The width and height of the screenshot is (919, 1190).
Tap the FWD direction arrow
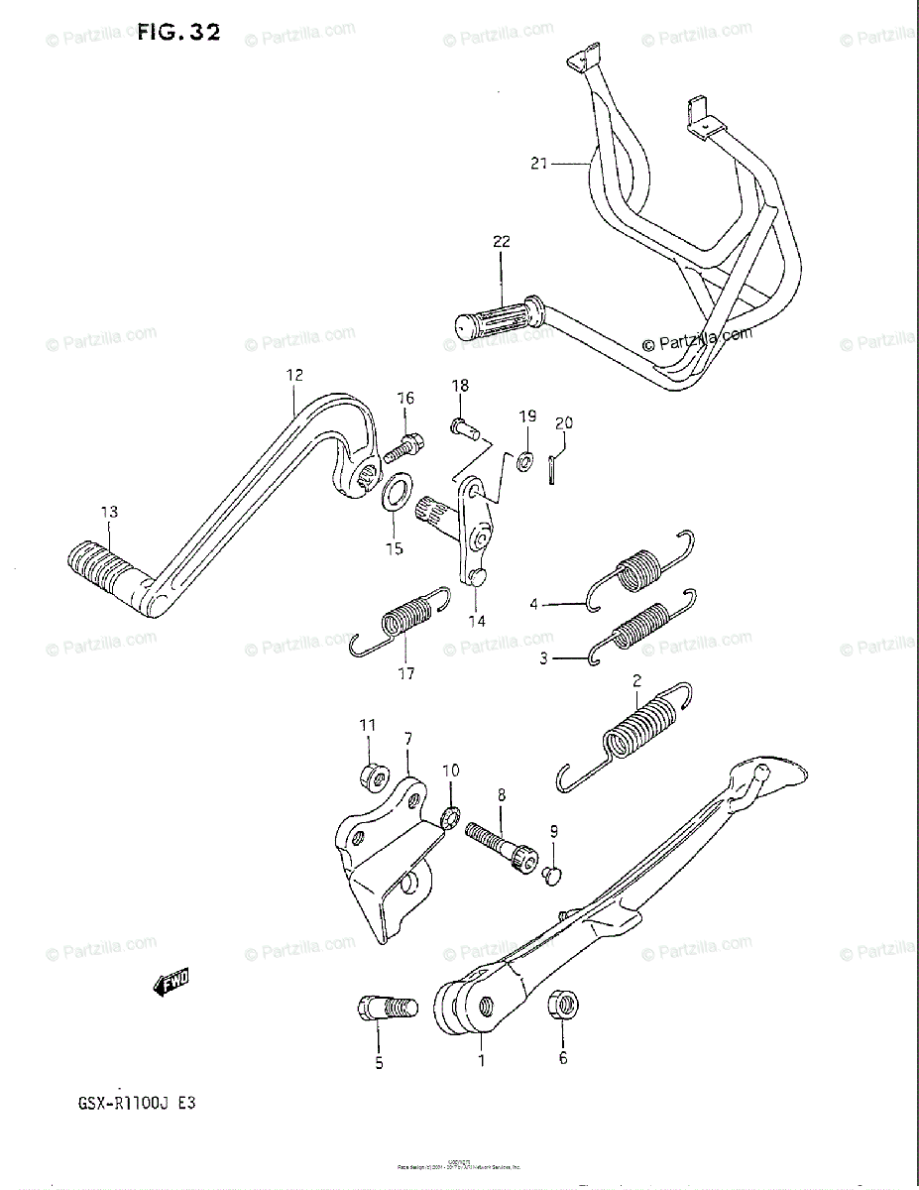tap(172, 983)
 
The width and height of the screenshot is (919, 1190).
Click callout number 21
tap(538, 164)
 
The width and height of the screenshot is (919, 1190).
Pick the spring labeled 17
tap(406, 618)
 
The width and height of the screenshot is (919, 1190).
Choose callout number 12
tap(293, 375)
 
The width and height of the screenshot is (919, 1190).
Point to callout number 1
tap(482, 1060)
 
